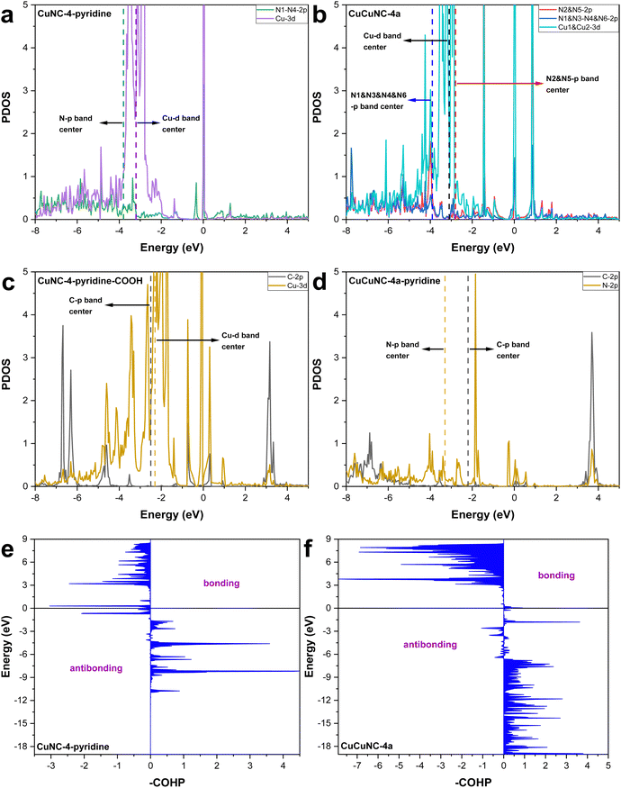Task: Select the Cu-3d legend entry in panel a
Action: (283, 22)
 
